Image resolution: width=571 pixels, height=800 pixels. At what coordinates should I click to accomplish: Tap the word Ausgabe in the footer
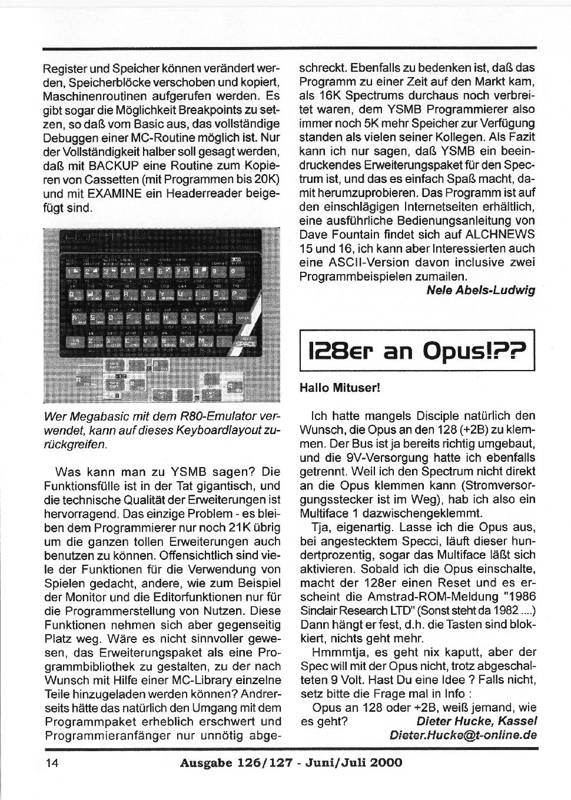pyautogui.click(x=204, y=763)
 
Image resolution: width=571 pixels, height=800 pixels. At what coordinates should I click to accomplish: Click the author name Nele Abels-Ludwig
pyautogui.click(x=480, y=291)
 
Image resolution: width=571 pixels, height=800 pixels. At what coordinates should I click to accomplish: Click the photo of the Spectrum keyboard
pyautogui.click(x=162, y=315)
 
